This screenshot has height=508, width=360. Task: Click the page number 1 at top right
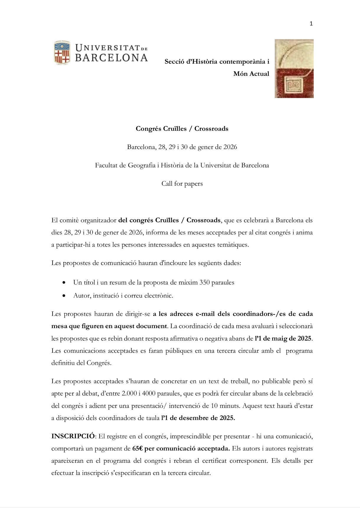[311, 24]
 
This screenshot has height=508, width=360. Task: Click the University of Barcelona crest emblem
[62, 53]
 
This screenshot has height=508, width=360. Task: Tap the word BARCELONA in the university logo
[111, 57]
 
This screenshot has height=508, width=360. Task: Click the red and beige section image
[294, 68]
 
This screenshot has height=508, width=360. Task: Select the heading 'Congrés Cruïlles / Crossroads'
[182, 129]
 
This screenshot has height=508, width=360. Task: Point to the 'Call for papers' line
[182, 184]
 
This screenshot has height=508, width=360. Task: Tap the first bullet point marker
[64, 282]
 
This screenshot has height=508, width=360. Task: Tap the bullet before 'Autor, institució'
[64, 295]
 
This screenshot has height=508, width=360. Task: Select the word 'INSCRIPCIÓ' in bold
[73, 436]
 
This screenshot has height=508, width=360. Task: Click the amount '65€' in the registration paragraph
[137, 448]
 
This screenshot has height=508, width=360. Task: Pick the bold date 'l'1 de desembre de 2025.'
[198, 418]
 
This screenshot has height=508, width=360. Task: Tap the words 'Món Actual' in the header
[251, 74]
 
